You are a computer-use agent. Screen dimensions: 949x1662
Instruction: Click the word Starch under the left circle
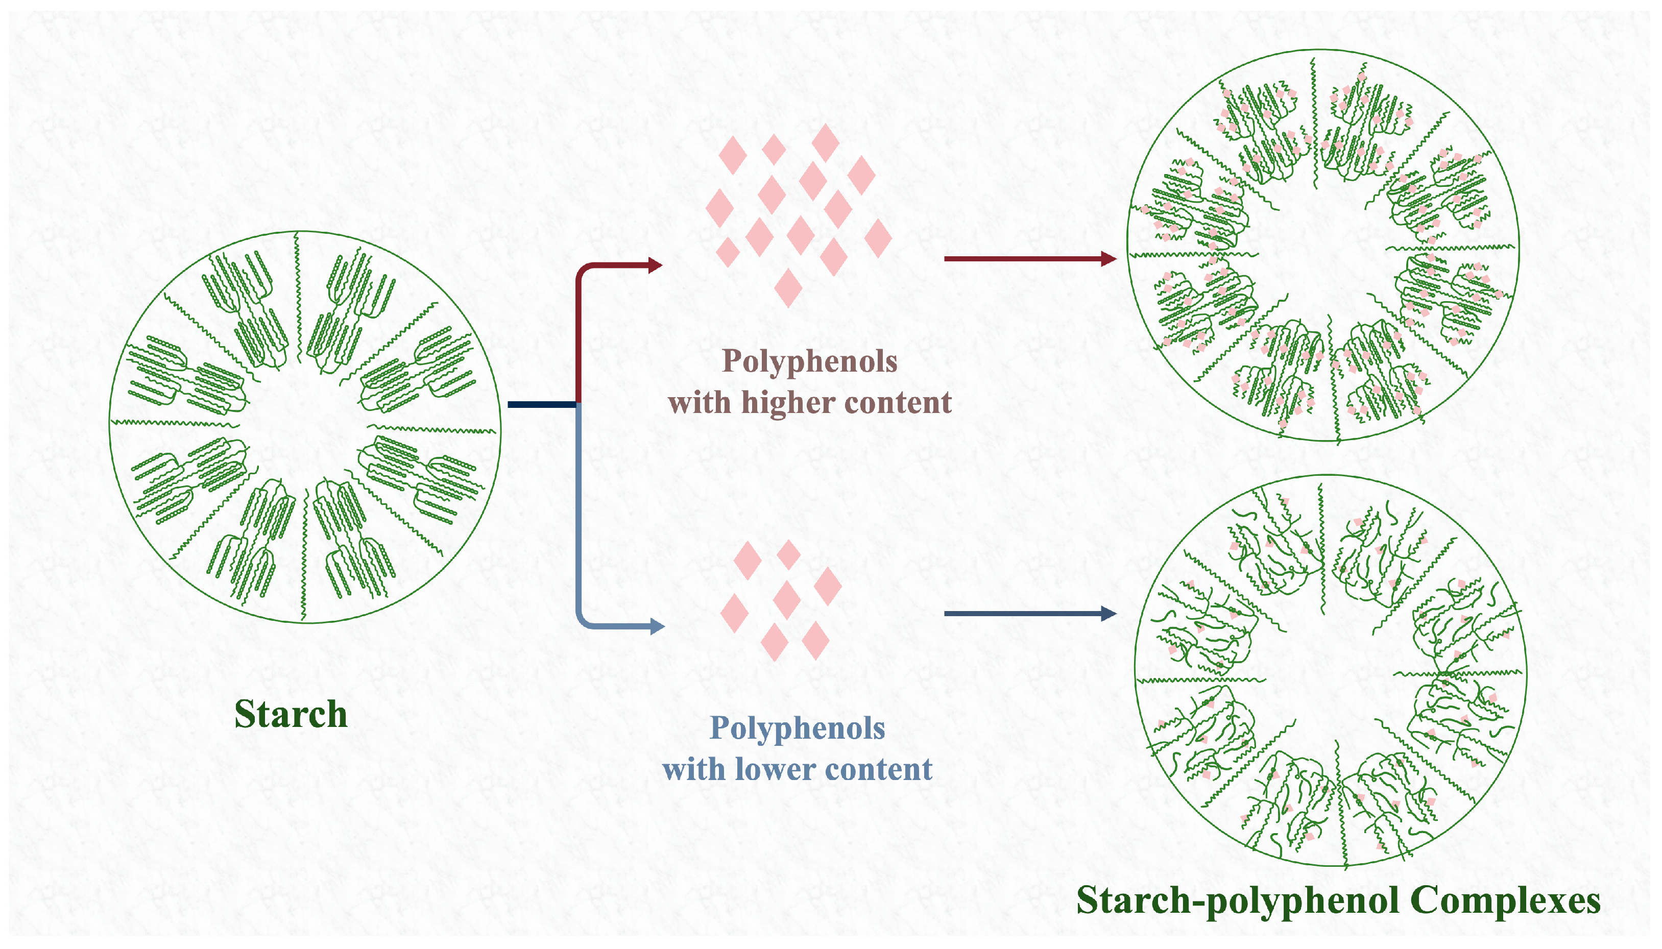tap(291, 714)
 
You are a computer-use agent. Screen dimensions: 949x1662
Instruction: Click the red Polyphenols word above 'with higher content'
tap(809, 361)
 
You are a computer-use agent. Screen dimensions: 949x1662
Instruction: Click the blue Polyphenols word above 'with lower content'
tap(797, 727)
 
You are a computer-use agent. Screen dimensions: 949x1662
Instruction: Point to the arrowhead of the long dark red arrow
tap(1110, 259)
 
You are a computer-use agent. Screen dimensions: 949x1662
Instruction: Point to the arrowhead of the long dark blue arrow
tap(1110, 613)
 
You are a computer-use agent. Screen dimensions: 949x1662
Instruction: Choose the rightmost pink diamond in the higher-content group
tap(878, 238)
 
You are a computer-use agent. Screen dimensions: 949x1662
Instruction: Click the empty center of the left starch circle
tap(305, 427)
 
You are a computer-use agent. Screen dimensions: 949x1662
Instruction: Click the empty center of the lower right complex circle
tap(1330, 674)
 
